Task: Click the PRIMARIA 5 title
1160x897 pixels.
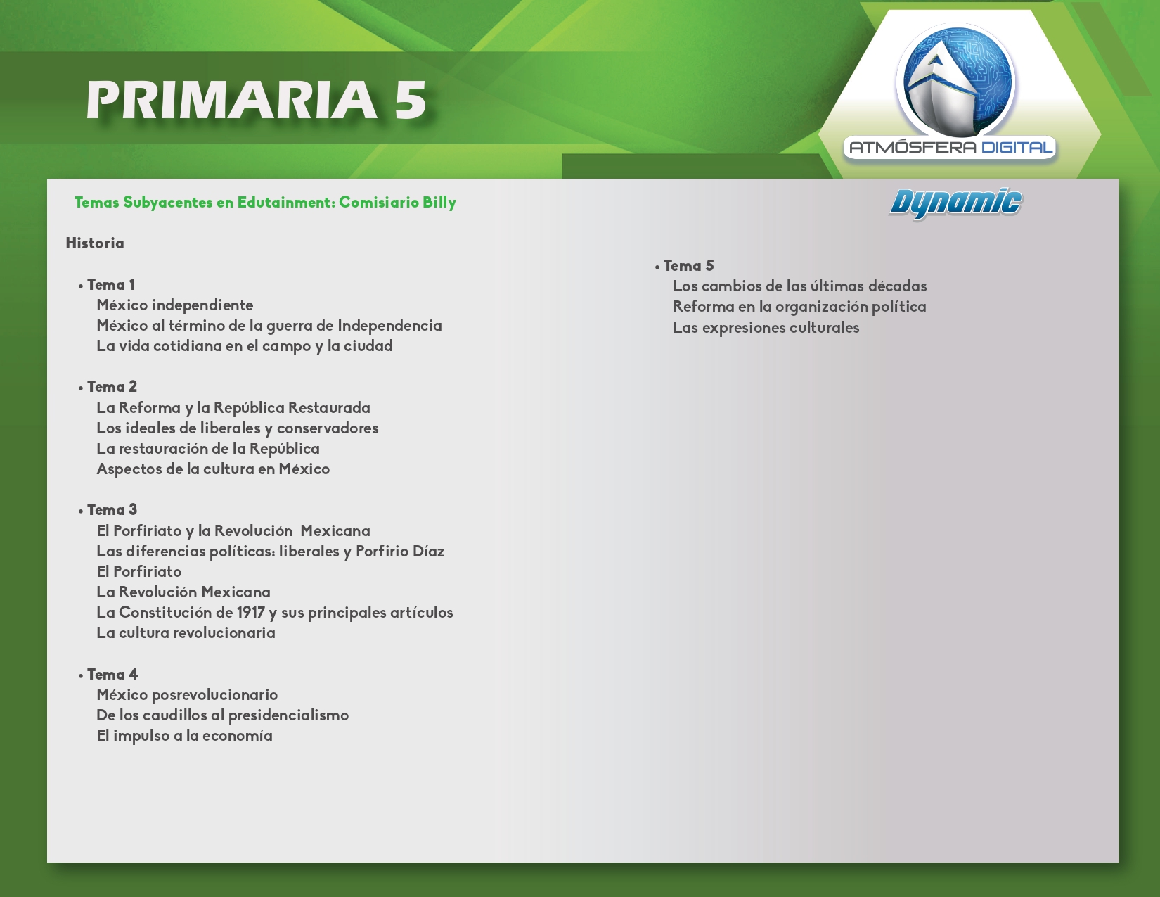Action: pos(256,100)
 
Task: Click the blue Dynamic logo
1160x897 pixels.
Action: pos(955,203)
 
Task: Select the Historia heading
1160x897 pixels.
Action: pos(94,243)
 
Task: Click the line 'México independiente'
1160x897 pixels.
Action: pos(174,305)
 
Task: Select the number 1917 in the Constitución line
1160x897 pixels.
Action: pos(250,612)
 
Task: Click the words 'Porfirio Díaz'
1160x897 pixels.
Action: pos(400,551)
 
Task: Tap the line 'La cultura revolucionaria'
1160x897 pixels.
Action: pos(186,632)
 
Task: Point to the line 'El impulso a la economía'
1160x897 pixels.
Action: pos(184,736)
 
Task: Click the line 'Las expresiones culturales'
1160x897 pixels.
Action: pos(766,328)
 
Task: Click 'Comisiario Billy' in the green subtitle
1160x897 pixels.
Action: pos(397,203)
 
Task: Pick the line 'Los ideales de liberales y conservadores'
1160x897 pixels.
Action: pos(238,428)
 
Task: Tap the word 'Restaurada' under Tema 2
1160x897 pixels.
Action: pos(329,407)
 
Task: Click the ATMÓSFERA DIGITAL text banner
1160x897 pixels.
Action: pos(950,147)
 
